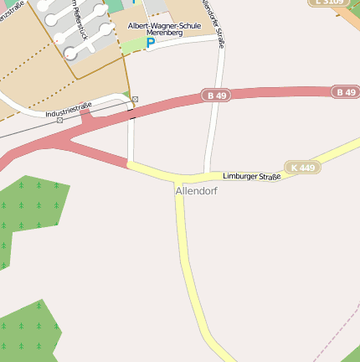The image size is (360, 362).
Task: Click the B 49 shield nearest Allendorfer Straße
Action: pos(216,96)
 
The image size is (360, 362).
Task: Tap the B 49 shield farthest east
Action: pos(346,91)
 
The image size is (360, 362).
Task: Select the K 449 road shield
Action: pos(302,168)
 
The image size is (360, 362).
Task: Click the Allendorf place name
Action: pos(197,191)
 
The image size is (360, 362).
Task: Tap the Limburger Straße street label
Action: pos(251,176)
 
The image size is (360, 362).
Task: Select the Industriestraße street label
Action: pos(68,109)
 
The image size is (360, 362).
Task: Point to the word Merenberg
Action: pos(164,34)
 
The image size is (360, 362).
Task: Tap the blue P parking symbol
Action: pos(151,43)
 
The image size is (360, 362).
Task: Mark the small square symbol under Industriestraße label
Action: pos(59,120)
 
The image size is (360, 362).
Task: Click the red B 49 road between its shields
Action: pos(276,94)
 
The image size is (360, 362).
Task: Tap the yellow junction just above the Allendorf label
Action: pos(178,178)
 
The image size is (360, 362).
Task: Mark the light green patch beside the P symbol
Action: pos(134,45)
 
